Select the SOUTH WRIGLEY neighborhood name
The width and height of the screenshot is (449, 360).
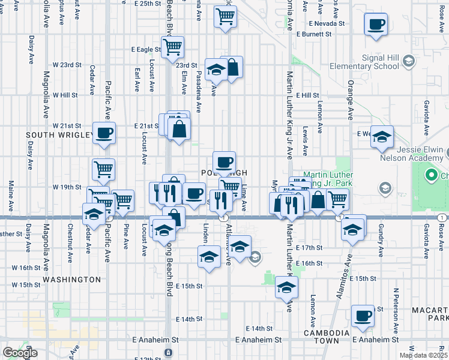[x=58, y=135]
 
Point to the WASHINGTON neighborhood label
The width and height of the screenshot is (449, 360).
[x=71, y=280]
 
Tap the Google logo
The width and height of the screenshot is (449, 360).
[x=20, y=353]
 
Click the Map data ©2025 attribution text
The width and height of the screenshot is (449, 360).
[x=423, y=355]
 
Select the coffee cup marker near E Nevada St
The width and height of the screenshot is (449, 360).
[x=376, y=25]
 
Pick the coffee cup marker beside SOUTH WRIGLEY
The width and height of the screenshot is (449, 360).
[x=104, y=133]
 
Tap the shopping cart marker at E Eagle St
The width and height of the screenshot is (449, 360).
[x=172, y=46]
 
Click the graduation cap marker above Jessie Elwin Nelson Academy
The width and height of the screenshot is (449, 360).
[x=382, y=137]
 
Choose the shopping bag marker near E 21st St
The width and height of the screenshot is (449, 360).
[x=179, y=128]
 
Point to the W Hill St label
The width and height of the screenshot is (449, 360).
[x=65, y=95]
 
